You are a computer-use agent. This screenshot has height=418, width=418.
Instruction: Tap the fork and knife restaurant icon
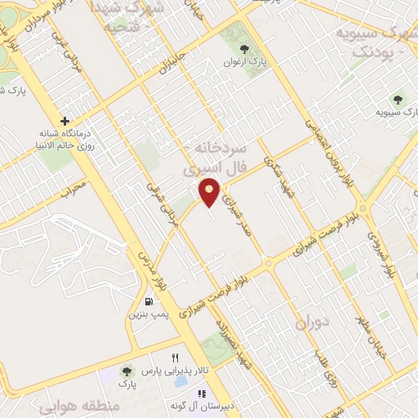pos(174,358)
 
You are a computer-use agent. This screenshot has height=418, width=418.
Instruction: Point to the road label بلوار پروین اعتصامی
pos(323,143)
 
